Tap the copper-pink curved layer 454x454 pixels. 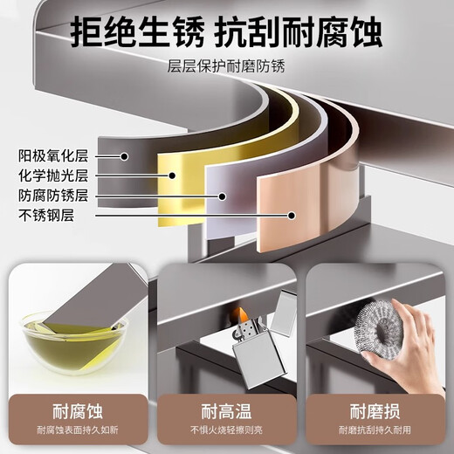tap(297, 201)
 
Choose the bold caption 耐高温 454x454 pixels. tap(226, 411)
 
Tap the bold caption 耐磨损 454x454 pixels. tap(377, 411)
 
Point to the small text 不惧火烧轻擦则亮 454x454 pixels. tap(226, 430)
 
